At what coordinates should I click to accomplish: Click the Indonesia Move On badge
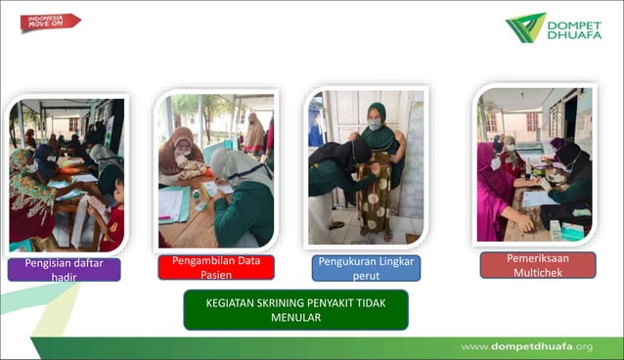(x=49, y=22)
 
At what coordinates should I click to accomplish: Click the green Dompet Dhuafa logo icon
(x=525, y=27)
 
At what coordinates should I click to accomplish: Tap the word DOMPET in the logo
(x=575, y=21)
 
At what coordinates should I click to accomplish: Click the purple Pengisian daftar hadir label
(x=64, y=269)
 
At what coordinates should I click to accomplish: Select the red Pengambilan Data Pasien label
(x=216, y=267)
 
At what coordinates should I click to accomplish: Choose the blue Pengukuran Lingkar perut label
(x=367, y=268)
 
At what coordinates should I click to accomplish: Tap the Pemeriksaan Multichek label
(x=537, y=265)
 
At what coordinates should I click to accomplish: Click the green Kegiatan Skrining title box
(x=295, y=309)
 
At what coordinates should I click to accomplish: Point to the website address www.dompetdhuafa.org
(x=526, y=346)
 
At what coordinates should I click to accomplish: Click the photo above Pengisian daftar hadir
(x=67, y=173)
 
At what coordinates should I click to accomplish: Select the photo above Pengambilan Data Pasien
(x=216, y=170)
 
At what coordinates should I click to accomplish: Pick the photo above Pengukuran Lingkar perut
(x=366, y=167)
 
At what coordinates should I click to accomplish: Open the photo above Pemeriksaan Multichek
(x=536, y=164)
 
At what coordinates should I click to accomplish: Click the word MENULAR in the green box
(x=295, y=317)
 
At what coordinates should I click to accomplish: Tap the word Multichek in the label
(x=537, y=272)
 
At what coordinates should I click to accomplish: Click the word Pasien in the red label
(x=216, y=274)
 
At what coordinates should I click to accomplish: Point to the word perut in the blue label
(x=366, y=276)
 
